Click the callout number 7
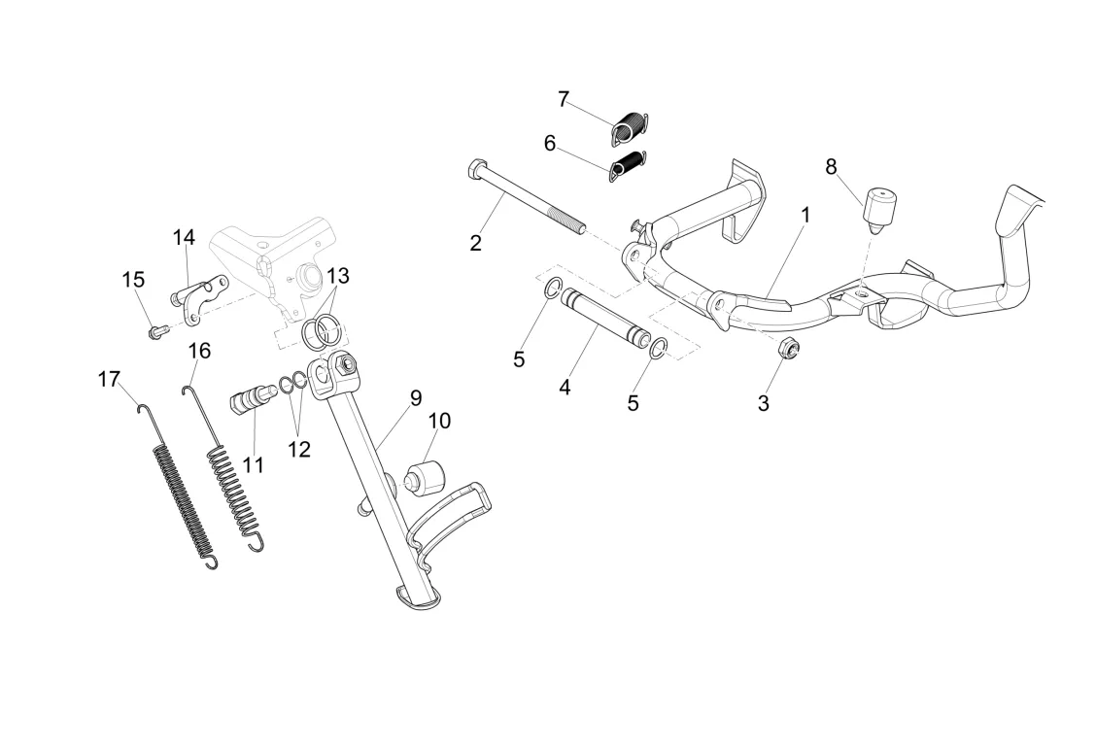(564, 99)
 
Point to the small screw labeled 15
(156, 332)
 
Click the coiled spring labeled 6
(629, 165)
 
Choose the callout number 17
(109, 379)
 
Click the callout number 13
(337, 275)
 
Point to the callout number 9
(416, 396)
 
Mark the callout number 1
(805, 213)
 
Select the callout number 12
(298, 450)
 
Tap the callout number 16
(199, 350)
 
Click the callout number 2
(475, 243)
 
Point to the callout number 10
(439, 421)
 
